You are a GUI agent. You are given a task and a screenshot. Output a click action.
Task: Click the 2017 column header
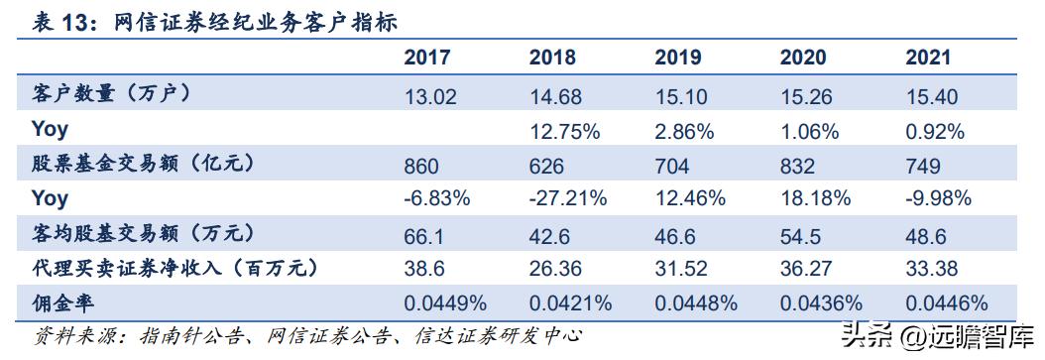click(426, 56)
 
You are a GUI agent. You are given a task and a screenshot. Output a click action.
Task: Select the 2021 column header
click(928, 56)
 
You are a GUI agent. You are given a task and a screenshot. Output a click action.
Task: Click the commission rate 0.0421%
click(571, 302)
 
